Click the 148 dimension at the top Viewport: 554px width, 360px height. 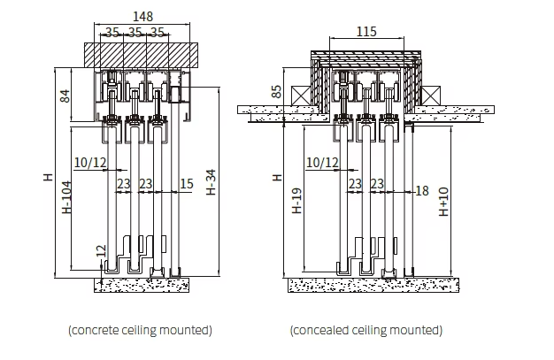(x=142, y=16)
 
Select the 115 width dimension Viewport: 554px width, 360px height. (x=366, y=32)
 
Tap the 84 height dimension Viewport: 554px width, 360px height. (x=65, y=96)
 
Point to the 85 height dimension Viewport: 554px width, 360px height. (x=277, y=91)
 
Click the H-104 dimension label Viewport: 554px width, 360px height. (x=66, y=197)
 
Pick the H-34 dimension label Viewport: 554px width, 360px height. (x=211, y=182)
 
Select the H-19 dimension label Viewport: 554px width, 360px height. (x=297, y=200)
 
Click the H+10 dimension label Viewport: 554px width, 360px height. (x=443, y=202)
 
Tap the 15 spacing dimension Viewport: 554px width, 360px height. (x=187, y=184)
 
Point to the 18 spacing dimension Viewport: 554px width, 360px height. (x=422, y=191)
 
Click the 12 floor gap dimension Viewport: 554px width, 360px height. (x=101, y=251)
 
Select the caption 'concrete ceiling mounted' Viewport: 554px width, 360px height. (x=140, y=330)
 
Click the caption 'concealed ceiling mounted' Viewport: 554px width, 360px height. (x=366, y=330)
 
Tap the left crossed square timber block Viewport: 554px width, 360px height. (x=301, y=96)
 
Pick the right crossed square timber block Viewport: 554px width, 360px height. (x=431, y=96)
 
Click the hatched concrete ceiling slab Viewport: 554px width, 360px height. (x=141, y=55)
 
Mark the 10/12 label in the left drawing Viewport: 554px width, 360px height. (x=90, y=163)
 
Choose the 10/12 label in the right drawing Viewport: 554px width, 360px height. (x=322, y=163)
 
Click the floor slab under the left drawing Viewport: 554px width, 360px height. (x=142, y=285)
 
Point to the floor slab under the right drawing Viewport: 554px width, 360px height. (x=373, y=285)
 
